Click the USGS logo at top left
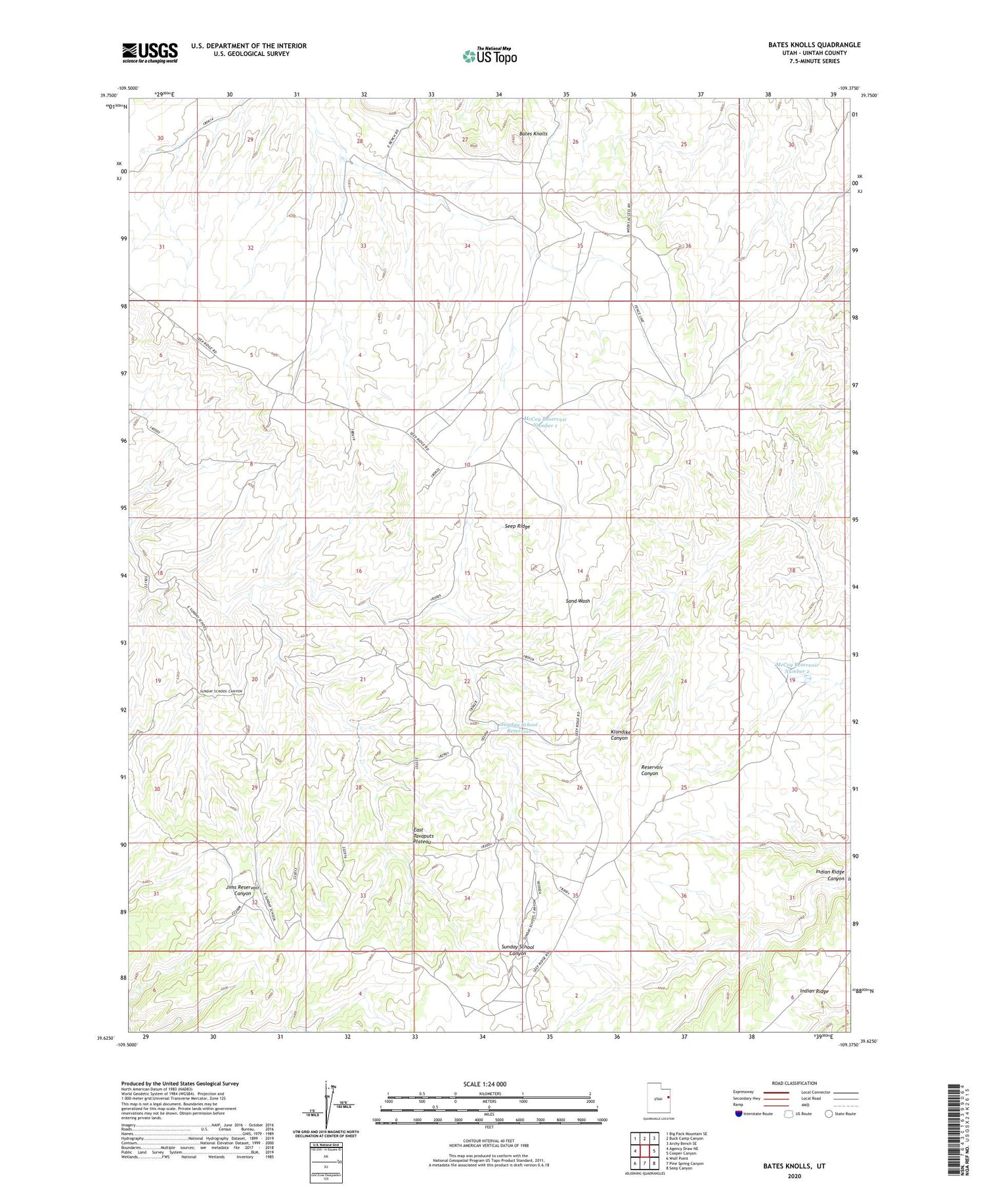[150, 53]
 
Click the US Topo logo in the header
[489, 56]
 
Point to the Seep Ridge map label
[517, 526]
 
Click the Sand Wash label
[578, 601]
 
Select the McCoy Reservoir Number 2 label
[797, 668]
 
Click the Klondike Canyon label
[619, 734]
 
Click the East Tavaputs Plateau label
[423, 836]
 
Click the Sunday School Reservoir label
[519, 727]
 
